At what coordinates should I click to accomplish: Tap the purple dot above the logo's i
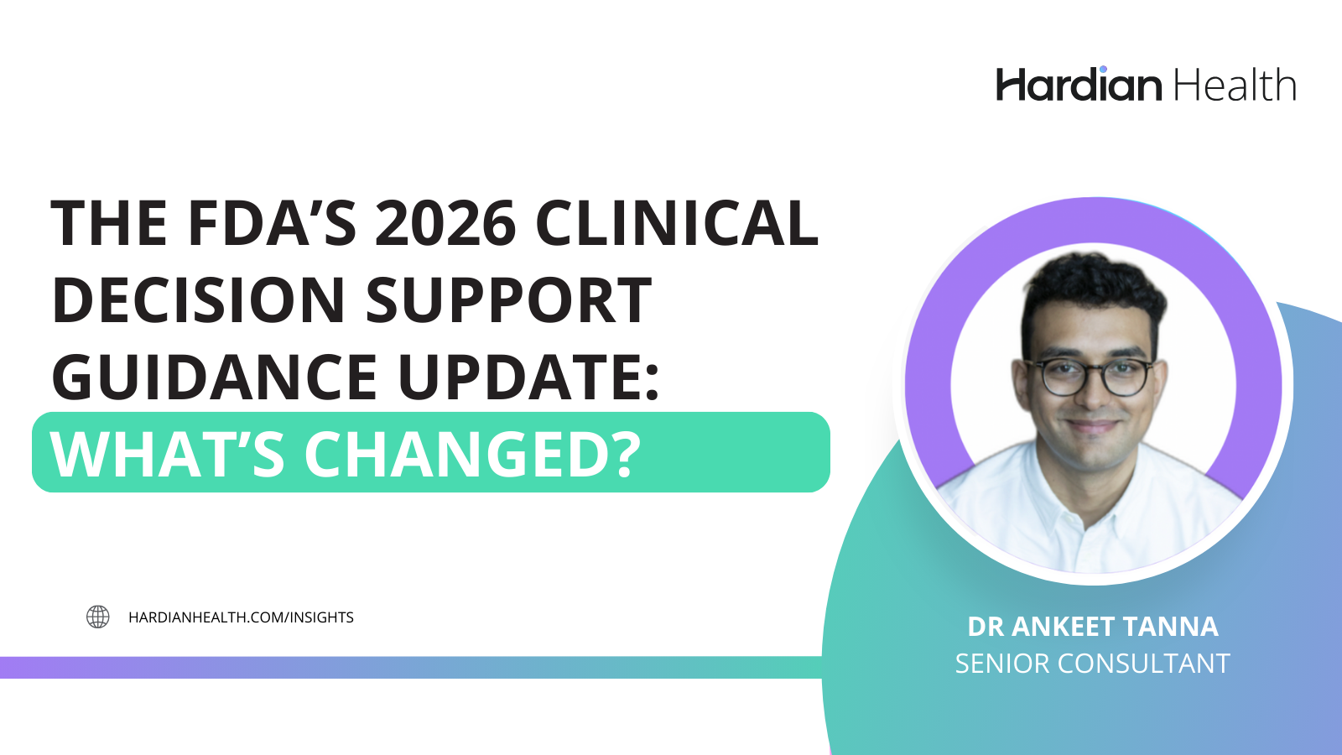pos(1103,70)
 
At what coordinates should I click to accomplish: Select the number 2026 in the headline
pos(445,224)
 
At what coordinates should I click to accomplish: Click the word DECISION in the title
pos(199,300)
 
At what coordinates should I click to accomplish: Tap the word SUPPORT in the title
pos(508,300)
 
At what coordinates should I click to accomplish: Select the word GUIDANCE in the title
pos(215,377)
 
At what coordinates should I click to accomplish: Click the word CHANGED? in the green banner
pos(472,454)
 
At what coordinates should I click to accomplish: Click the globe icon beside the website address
pos(98,617)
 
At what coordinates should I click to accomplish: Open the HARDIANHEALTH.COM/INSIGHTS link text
pos(241,617)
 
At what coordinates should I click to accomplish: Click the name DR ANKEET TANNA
pos(1092,627)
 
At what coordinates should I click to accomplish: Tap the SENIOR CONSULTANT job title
pos(1092,664)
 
